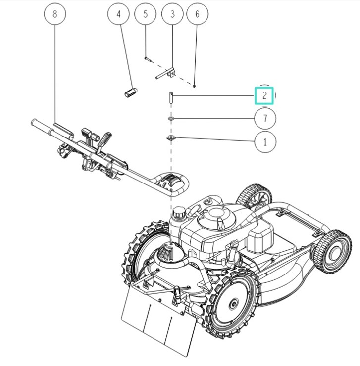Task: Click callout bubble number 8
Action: pos(54,14)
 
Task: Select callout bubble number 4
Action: pos(118,14)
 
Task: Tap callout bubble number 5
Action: pos(146,14)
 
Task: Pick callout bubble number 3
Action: pos(172,14)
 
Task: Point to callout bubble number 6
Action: pos(197,14)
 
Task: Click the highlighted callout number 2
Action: pos(264,95)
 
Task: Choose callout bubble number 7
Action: pos(265,119)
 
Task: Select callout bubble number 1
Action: pos(265,142)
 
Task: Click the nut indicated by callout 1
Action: pos(171,138)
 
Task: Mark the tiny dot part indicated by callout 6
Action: pos(195,86)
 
